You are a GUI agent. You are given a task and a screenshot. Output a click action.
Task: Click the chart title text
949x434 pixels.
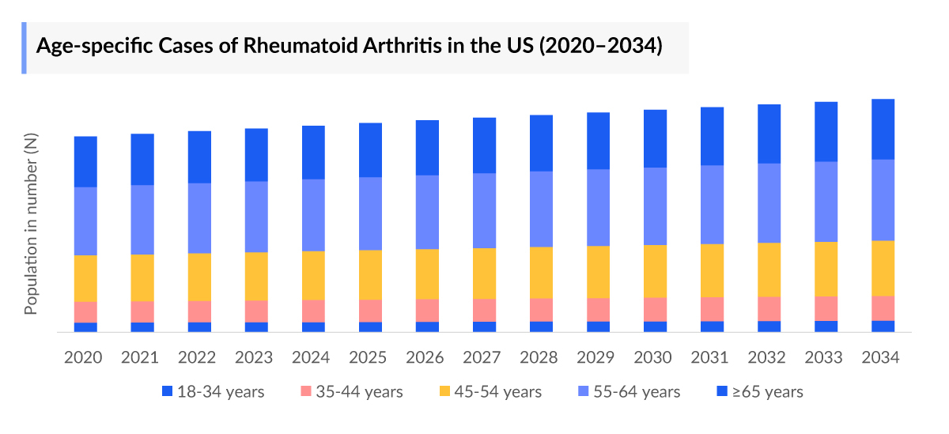[x=349, y=46]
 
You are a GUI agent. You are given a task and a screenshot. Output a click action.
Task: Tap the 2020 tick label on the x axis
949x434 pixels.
[x=83, y=357]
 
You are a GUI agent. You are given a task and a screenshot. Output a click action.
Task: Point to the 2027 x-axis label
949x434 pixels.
[x=482, y=357]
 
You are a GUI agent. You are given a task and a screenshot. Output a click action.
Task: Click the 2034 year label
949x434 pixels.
[x=881, y=357]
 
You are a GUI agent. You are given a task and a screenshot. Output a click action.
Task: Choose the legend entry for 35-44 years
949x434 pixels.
[x=353, y=391]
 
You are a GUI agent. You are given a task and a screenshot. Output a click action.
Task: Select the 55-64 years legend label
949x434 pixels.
[x=630, y=391]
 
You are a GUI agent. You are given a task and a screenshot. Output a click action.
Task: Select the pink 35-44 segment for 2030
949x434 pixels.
[x=655, y=309]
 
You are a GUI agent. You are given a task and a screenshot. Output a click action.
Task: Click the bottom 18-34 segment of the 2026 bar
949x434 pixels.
[x=427, y=326]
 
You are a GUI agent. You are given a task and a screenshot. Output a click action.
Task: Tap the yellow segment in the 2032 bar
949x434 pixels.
[x=769, y=270]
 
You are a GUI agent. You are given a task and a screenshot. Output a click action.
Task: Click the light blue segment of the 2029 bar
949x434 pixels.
[x=598, y=207]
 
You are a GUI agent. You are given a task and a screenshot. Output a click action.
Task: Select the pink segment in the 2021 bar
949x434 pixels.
[x=142, y=311]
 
